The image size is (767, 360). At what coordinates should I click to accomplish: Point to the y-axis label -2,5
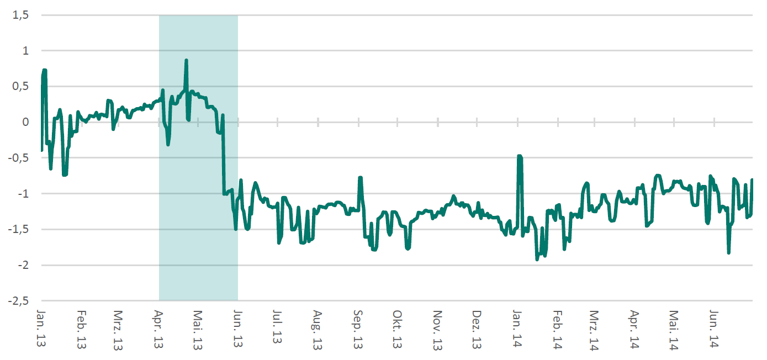coord(19,301)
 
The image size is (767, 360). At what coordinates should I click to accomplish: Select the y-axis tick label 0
coord(25,122)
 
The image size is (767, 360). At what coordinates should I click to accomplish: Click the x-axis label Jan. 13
coord(41,329)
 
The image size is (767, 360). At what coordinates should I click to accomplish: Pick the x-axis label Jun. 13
coord(238,329)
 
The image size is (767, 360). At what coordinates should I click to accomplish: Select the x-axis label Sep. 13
coord(358,329)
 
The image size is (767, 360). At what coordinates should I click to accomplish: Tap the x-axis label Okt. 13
coord(396,329)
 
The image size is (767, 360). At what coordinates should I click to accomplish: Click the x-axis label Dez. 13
coord(477,329)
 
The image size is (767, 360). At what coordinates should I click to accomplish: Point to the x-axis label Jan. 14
coord(517,329)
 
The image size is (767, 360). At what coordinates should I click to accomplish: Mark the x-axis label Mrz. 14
coord(594,329)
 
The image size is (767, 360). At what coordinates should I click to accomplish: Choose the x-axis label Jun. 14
coord(715,329)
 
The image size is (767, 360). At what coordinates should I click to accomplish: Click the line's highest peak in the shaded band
coord(187,60)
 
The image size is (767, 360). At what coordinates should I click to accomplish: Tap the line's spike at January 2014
coord(519,156)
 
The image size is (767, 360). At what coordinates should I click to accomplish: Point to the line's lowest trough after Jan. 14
coord(537,259)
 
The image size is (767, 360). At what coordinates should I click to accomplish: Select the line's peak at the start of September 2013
coord(360,178)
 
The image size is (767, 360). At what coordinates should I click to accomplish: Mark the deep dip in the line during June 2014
coord(729,252)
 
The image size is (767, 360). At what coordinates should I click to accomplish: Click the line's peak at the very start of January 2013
coord(44,70)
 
